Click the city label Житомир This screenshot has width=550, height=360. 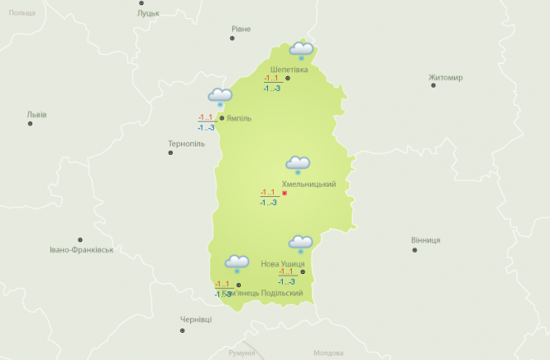[x=446, y=78]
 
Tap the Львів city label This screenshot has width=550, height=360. [x=36, y=114]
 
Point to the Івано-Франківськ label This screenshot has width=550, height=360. [x=80, y=249]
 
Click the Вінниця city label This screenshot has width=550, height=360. [x=425, y=240]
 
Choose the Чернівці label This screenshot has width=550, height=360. [x=196, y=319]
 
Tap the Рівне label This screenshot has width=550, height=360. [x=241, y=29]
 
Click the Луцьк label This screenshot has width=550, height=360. [x=149, y=14]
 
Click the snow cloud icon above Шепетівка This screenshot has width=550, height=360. [x=301, y=51]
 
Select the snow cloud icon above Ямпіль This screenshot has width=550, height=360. [x=220, y=98]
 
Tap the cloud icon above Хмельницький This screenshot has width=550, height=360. [x=298, y=165]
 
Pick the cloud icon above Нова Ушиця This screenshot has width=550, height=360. [x=300, y=244]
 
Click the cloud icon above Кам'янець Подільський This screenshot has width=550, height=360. [x=237, y=265]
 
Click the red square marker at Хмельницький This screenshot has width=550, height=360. [x=285, y=193]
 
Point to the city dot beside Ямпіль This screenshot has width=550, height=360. [x=221, y=118]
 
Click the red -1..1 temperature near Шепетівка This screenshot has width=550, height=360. [x=271, y=79]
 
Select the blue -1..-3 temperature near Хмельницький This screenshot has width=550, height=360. [x=268, y=203]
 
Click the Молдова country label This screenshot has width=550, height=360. [x=328, y=353]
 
